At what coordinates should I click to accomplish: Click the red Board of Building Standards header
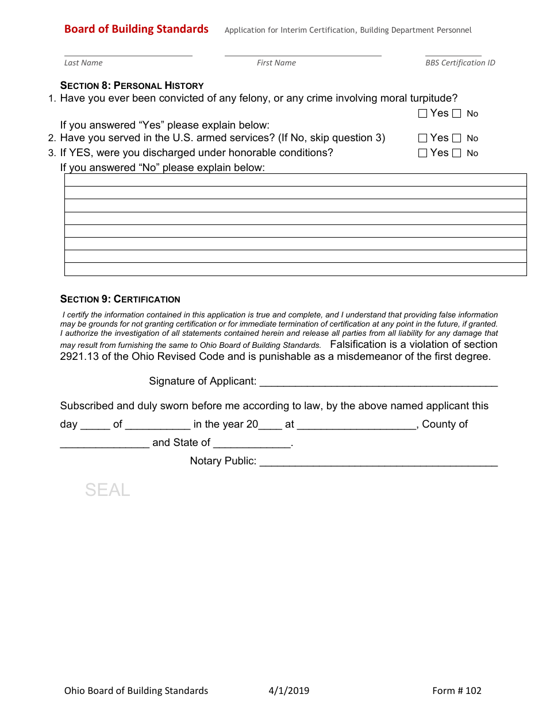click(x=136, y=29)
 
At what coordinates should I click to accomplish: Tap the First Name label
click(x=276, y=63)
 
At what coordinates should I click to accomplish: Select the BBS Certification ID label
click(x=460, y=63)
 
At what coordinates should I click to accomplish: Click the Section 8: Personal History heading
click(x=132, y=86)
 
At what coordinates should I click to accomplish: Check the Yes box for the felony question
click(x=423, y=114)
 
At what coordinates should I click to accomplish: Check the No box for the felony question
click(x=457, y=114)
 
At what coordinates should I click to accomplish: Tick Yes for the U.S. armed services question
click(x=423, y=138)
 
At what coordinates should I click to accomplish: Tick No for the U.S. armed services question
click(x=457, y=138)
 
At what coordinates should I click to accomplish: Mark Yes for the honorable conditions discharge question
click(x=423, y=153)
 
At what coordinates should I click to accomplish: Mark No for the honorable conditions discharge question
click(x=457, y=153)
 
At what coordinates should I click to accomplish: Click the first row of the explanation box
click(x=295, y=180)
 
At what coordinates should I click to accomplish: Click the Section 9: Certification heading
click(x=120, y=299)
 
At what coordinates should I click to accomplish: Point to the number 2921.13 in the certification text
click(x=79, y=356)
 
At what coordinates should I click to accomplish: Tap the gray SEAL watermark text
click(x=107, y=490)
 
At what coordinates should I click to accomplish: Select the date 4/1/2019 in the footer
click(x=289, y=691)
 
